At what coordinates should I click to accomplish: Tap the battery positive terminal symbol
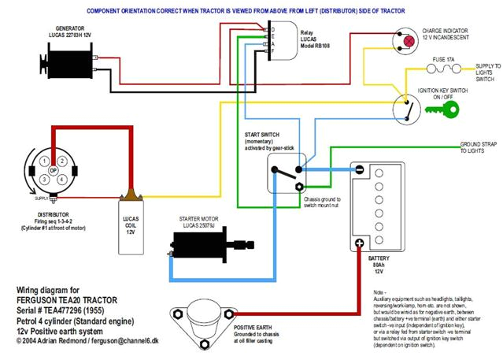tap(359, 243)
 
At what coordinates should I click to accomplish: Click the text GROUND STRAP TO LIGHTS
tap(479, 148)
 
